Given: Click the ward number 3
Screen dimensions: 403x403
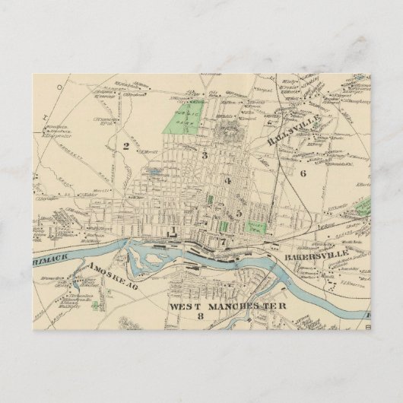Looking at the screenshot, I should click(x=205, y=155).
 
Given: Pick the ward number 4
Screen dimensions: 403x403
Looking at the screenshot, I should click(x=227, y=181).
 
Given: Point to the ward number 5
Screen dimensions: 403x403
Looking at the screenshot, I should click(x=240, y=214).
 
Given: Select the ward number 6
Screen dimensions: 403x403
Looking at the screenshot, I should click(x=302, y=173).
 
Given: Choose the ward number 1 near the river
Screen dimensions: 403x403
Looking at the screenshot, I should click(x=174, y=230).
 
